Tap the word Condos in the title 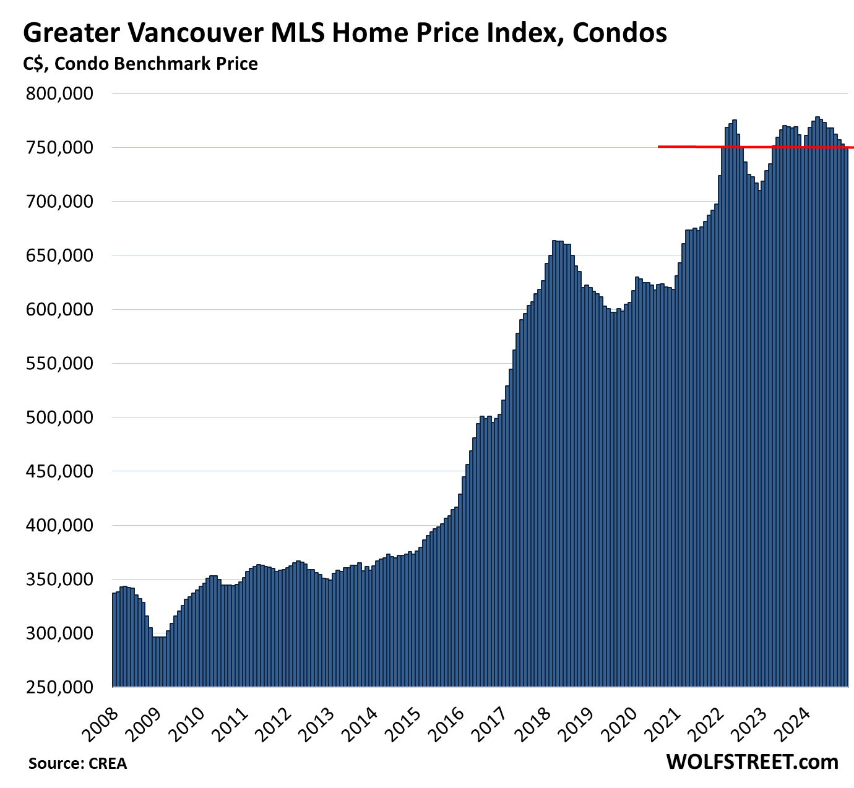pos(619,32)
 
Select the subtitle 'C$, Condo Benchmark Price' pos(140,64)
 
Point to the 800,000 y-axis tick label pos(59,93)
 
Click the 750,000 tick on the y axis pos(59,148)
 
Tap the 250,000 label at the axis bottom pos(59,687)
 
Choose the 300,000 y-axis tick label pos(59,633)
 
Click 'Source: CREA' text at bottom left pos(77,764)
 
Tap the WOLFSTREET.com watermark pos(752,762)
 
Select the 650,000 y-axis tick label pos(59,255)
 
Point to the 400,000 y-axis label pos(59,525)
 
